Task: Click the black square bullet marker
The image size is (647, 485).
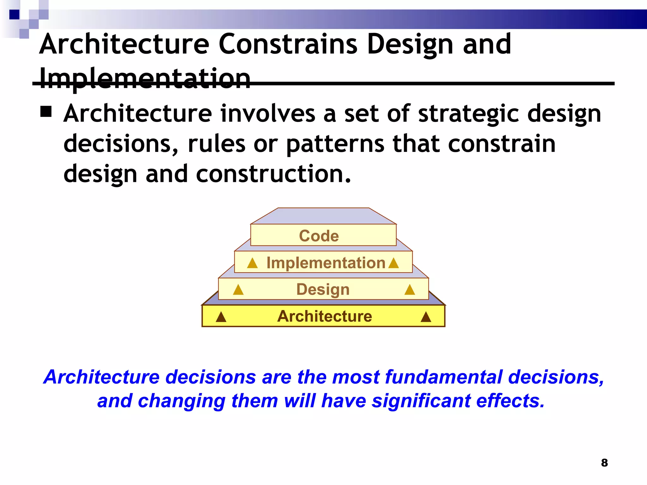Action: tap(46, 111)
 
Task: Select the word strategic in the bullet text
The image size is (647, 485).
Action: tap(469, 114)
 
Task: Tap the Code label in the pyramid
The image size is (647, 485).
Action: tap(319, 236)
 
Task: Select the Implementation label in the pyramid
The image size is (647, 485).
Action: tap(326, 263)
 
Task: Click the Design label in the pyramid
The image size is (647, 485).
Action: tap(323, 289)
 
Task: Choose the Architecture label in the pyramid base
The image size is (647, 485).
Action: tap(324, 316)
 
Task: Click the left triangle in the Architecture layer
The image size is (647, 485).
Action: tap(221, 317)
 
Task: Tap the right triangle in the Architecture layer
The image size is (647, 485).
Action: tap(426, 317)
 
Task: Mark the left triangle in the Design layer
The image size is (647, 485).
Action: tap(238, 290)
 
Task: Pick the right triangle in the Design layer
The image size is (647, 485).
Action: tap(410, 290)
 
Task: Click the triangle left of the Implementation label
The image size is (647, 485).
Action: tap(252, 263)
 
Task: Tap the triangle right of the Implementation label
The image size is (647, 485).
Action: tap(394, 263)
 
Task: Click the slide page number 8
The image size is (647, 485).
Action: tap(604, 463)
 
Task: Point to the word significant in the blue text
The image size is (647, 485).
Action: tap(421, 401)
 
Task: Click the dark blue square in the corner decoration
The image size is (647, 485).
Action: tap(14, 15)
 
